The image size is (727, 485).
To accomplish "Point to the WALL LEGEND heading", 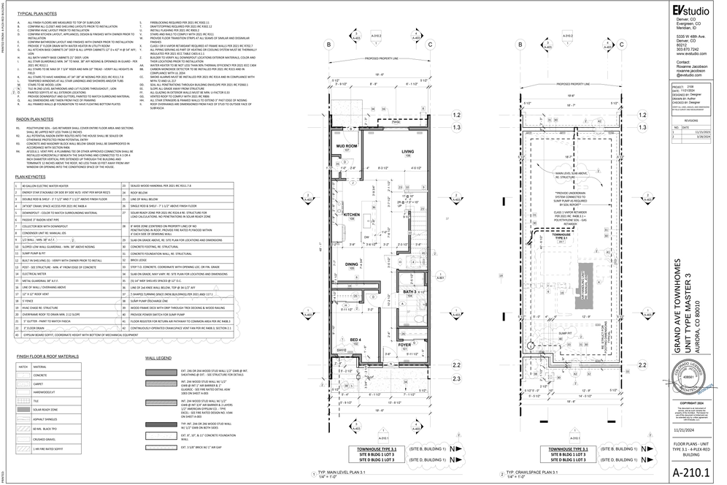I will coord(158,359).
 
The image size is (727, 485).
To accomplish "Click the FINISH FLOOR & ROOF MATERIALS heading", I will coord(48,356).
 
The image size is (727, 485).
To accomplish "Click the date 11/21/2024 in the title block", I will coord(684,429).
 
